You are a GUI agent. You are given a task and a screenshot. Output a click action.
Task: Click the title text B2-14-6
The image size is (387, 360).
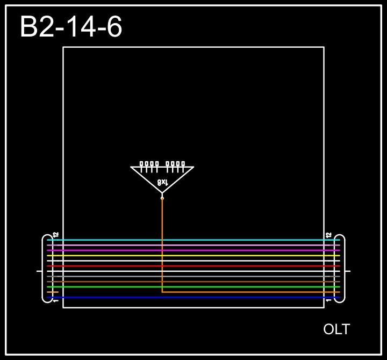[71, 27]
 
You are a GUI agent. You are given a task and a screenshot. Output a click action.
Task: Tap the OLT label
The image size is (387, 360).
[336, 329]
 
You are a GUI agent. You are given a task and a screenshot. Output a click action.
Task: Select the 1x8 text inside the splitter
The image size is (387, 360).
[162, 182]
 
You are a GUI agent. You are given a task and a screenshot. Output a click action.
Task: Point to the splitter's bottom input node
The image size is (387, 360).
[162, 198]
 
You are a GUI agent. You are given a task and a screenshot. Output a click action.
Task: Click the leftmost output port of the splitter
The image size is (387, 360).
[142, 164]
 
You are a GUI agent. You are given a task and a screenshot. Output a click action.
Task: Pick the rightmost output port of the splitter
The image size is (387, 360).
[183, 164]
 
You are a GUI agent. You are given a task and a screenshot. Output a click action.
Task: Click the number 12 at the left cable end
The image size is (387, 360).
[55, 235]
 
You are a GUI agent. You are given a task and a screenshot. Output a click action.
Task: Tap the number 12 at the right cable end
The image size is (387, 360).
[328, 235]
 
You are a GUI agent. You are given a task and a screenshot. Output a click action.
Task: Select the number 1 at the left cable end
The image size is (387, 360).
[55, 300]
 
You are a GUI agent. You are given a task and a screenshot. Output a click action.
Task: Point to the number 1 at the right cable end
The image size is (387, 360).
[328, 300]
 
